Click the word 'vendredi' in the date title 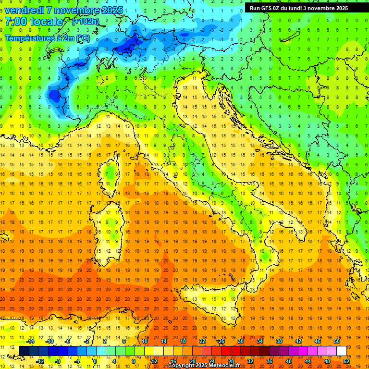[24, 10]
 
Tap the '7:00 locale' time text [34, 22]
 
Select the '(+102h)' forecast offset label [86, 22]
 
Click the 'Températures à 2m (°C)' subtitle [47, 37]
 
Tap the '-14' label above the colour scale [30, 341]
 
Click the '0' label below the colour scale [95, 361]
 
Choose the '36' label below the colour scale [270, 361]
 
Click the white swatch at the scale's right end [341, 351]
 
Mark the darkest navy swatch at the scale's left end [24, 351]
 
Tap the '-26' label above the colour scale [221, 341]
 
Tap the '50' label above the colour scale [337, 341]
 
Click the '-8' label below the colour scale [59, 361]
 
